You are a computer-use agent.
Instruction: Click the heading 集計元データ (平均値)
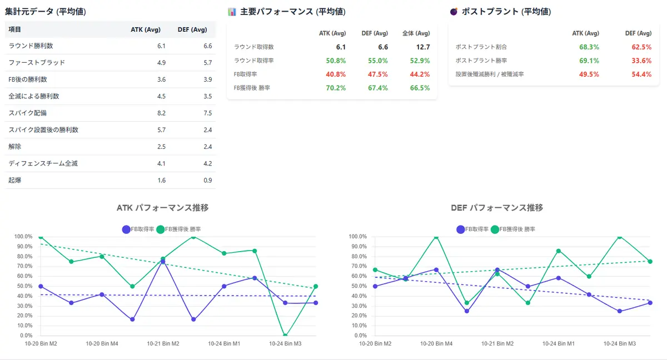pyautogui.click(x=46, y=11)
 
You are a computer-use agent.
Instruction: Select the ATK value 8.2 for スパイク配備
pyautogui.click(x=161, y=113)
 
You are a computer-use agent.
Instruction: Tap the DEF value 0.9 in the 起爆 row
pyautogui.click(x=207, y=181)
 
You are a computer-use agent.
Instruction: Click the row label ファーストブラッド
pyautogui.click(x=37, y=62)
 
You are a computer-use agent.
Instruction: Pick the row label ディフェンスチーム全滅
pyautogui.click(x=43, y=163)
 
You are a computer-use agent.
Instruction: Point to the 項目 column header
pyautogui.click(x=15, y=29)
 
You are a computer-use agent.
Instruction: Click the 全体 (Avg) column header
pyautogui.click(x=416, y=33)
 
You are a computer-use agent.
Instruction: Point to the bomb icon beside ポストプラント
pyautogui.click(x=454, y=11)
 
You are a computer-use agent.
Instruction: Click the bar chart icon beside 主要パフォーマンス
pyautogui.click(x=232, y=11)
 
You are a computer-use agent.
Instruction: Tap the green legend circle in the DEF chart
pyautogui.click(x=495, y=229)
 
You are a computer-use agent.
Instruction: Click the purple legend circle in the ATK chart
pyautogui.click(x=126, y=229)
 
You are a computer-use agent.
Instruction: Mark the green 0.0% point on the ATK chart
pyautogui.click(x=285, y=336)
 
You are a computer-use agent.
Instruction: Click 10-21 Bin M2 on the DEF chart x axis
pyautogui.click(x=497, y=344)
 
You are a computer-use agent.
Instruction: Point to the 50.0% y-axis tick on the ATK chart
pyautogui.click(x=23, y=286)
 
